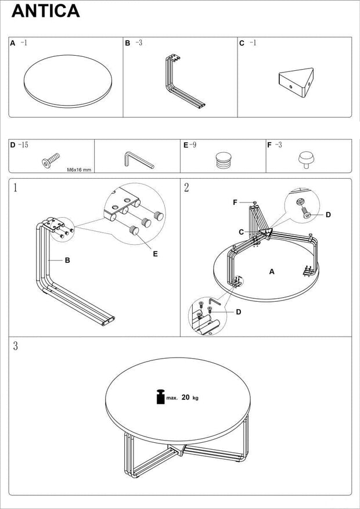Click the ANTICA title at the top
45,11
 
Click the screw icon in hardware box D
50,160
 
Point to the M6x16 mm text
79,169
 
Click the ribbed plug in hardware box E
223,159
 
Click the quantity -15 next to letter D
23,145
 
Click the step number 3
16,346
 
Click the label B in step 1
67,261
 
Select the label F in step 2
235,202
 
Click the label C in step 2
240,232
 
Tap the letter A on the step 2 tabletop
271,271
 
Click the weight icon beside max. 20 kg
159,397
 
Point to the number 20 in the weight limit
185,398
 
